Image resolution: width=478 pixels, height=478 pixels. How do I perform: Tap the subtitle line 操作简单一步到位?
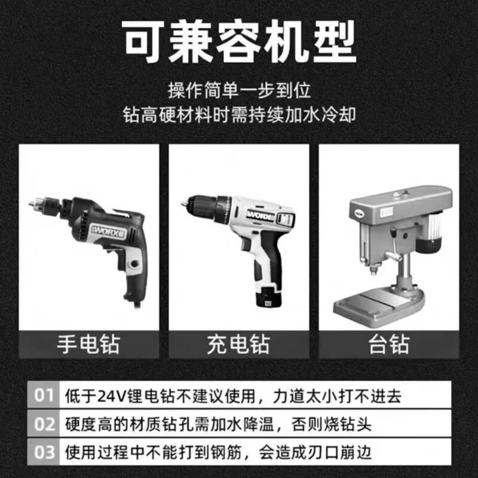pos(239,91)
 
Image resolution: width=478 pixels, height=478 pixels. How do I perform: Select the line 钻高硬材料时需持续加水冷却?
pos(239,114)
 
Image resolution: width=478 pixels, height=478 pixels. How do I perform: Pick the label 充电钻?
pos(238,344)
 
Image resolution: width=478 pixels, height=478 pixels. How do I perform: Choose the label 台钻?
pos(388,344)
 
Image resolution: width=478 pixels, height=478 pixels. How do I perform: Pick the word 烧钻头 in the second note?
pos(347,425)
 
